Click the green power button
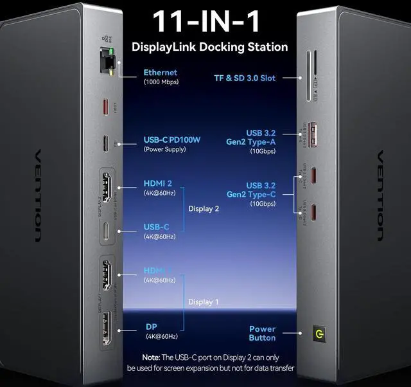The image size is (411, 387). tap(316, 334)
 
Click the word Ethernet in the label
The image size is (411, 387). tap(161, 73)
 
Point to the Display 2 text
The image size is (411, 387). tap(204, 208)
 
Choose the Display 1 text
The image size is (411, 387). tap(204, 301)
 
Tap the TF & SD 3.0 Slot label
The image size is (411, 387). tap(245, 78)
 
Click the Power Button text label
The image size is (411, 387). tap(262, 333)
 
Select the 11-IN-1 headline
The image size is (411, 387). tap(206, 22)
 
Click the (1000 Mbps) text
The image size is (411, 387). tap(161, 82)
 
